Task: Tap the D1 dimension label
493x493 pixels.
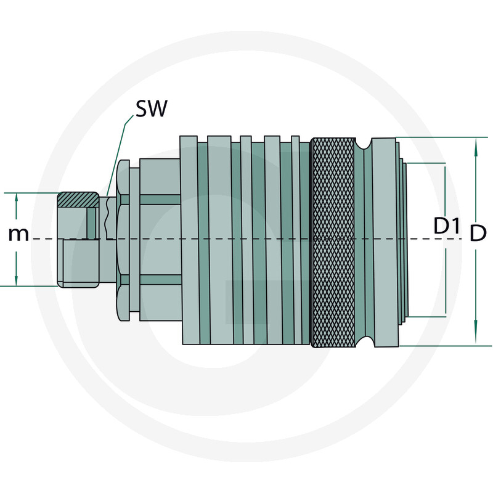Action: [x=447, y=226]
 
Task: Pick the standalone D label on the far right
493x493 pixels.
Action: [x=479, y=233]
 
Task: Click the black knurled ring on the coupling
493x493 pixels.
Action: [x=333, y=241]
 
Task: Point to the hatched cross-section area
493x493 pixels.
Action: [x=78, y=200]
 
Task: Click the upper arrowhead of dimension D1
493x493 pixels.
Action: [x=445, y=171]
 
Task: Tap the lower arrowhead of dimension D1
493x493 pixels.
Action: [x=445, y=310]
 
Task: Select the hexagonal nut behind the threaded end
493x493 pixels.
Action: [x=123, y=240]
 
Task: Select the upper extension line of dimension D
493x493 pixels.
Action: [x=438, y=137]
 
